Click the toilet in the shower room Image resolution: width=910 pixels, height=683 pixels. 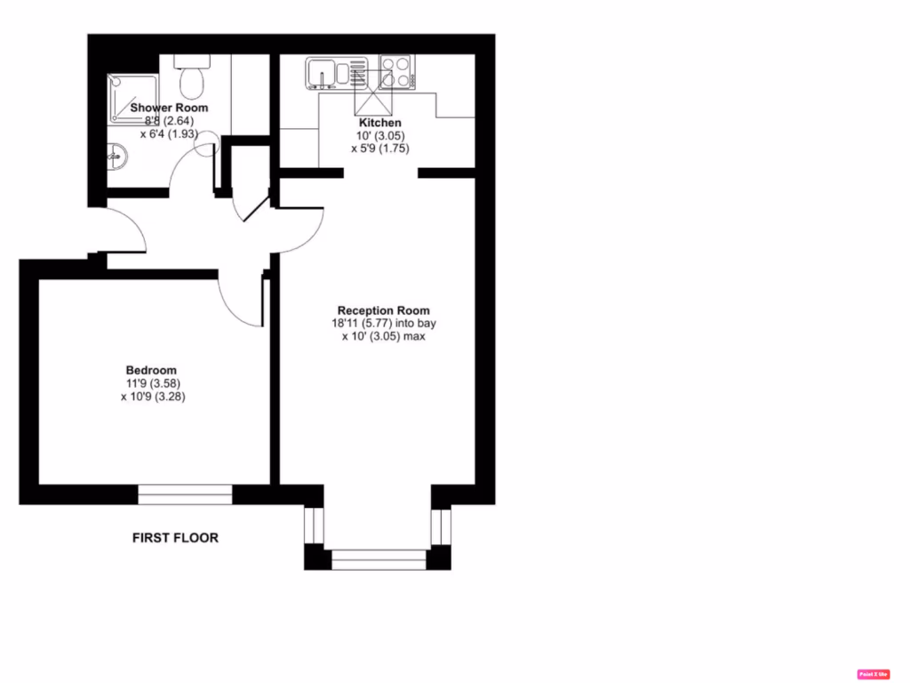point(189,80)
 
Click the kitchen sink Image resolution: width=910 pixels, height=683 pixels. point(336,73)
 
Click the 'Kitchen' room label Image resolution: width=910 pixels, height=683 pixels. point(379,123)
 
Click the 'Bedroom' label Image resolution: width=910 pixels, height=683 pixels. point(151,370)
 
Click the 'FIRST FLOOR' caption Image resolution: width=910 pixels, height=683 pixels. point(175,538)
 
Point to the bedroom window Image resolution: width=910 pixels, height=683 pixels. point(185,494)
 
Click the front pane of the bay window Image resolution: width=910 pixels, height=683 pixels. point(379,559)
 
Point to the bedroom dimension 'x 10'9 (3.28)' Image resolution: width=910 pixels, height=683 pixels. point(153,397)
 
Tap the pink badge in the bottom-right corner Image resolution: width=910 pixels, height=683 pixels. point(873,674)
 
